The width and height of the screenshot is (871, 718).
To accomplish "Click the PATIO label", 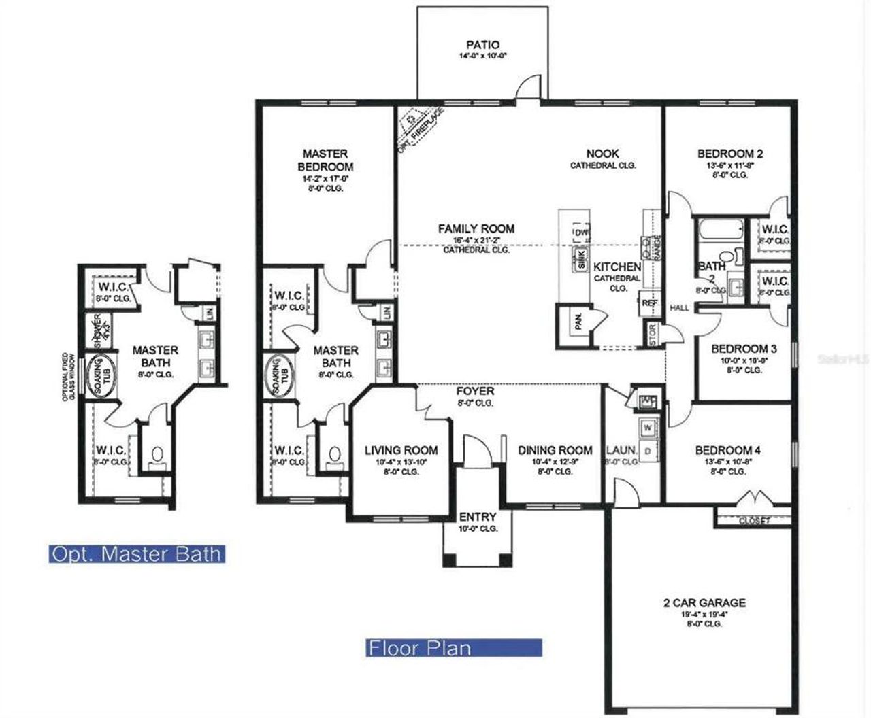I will click(x=482, y=45).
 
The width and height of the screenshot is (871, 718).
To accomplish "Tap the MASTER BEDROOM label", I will click(x=325, y=160).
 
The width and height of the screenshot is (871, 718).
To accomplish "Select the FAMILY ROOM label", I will click(x=476, y=228).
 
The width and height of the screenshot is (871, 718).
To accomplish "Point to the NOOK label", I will click(x=602, y=154).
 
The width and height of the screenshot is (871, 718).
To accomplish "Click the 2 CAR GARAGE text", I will click(x=704, y=602).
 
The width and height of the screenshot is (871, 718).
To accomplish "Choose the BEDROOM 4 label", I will click(x=727, y=450).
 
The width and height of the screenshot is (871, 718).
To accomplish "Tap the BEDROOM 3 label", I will click(x=744, y=349).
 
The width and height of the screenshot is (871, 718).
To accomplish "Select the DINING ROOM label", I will click(x=555, y=450).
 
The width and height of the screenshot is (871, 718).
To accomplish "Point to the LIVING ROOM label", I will click(x=401, y=450).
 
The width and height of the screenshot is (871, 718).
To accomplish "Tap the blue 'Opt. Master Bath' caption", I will click(x=137, y=554).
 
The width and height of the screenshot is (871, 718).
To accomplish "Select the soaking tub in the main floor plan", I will click(x=278, y=376).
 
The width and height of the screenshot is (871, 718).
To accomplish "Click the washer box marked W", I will click(x=647, y=428).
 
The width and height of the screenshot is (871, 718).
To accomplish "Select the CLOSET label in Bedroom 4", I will click(x=754, y=521).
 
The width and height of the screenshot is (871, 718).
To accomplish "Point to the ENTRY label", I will click(x=478, y=517).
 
